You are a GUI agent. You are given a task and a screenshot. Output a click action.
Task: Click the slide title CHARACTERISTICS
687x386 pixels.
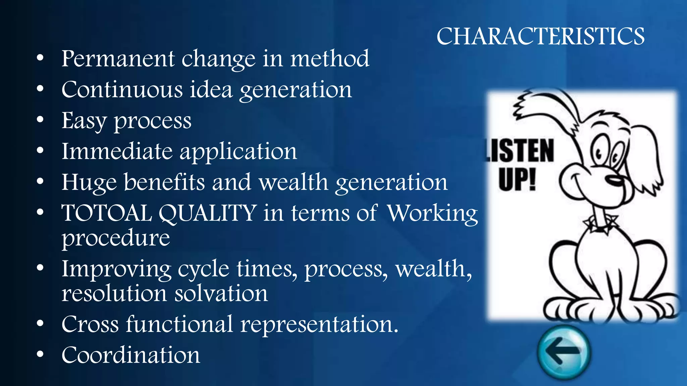click(x=540, y=36)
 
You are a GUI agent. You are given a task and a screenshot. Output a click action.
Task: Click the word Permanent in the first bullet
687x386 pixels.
click(x=118, y=59)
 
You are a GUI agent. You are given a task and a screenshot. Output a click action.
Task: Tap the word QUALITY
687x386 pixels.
click(x=208, y=213)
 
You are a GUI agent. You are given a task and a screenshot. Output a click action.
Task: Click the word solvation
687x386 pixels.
click(x=221, y=294)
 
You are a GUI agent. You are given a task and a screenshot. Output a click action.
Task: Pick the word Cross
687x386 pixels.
click(x=90, y=324)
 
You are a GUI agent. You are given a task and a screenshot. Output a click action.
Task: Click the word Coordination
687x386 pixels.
click(x=130, y=355)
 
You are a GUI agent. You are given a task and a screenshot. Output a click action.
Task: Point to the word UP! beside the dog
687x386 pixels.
click(x=517, y=179)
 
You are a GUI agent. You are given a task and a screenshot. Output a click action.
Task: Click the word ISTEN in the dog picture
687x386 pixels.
click(x=520, y=151)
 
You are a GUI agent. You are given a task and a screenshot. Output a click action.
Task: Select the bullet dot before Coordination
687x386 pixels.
click(x=40, y=355)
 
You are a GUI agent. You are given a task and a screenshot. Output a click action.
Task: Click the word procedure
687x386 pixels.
click(x=115, y=238)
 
